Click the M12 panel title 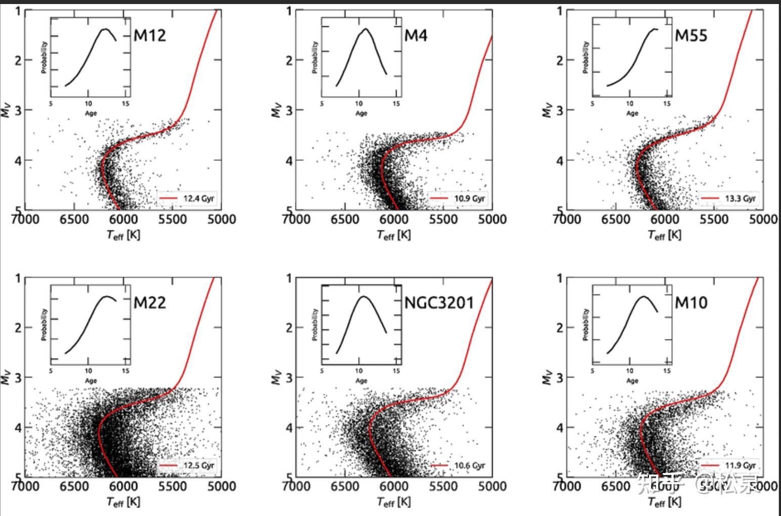pos(150,35)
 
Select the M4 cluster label pos(416,35)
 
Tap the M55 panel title pos(691,35)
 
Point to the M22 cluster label pos(150,303)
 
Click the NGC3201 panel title pos(439,303)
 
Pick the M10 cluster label pos(691,303)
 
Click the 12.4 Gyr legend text pos(199,198)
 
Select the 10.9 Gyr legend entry pos(469,198)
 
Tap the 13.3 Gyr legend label pos(740,198)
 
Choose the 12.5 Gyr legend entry pos(199,465)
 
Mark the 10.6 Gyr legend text pos(469,465)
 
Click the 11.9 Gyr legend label pos(740,465)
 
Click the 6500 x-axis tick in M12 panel pos(74,219)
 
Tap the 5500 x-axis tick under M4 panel pos(443,219)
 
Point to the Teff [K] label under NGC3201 pos(394,502)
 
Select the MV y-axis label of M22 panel pos(6,377)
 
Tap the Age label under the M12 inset pos(91,113)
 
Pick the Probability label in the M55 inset pos(586,58)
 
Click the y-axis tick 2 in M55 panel pos(559,60)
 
